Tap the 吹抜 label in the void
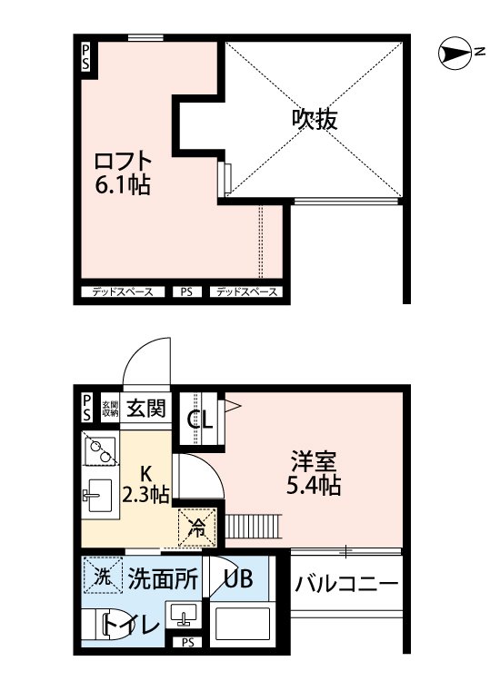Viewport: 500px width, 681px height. click(315, 119)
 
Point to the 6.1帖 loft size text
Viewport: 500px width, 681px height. click(123, 187)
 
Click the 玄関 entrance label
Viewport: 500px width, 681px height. click(147, 408)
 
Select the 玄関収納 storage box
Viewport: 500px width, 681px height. click(109, 408)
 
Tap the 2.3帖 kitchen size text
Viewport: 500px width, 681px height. click(145, 496)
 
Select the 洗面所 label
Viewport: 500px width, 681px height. click(162, 577)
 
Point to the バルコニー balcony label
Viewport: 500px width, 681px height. click(346, 583)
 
